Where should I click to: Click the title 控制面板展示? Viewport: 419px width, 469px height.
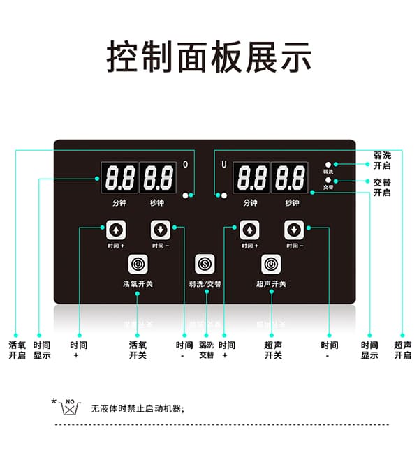(x=209, y=57)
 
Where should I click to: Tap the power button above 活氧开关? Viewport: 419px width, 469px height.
(x=138, y=264)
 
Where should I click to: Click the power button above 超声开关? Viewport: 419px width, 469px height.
(x=271, y=264)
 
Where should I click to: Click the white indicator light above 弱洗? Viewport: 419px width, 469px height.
(x=328, y=164)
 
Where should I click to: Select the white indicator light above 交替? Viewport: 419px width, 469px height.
(x=328, y=180)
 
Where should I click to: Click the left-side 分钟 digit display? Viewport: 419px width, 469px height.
(x=119, y=178)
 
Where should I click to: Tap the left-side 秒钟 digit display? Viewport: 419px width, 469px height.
(x=158, y=178)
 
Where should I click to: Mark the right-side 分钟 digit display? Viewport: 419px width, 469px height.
(x=251, y=178)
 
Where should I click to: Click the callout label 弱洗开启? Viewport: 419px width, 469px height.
(x=382, y=160)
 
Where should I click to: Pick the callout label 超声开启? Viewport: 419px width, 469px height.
(x=403, y=350)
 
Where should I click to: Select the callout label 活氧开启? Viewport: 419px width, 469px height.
(x=17, y=350)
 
